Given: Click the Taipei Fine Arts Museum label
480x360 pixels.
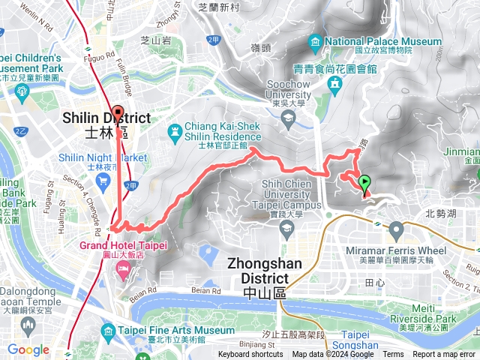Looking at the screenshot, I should (x=175, y=330).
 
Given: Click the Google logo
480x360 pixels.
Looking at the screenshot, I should (x=28, y=349).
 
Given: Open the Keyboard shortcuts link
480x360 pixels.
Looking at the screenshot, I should (x=250, y=355).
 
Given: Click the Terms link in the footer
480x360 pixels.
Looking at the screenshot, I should (x=393, y=355).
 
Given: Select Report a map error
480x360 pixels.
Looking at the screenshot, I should (x=445, y=355).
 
